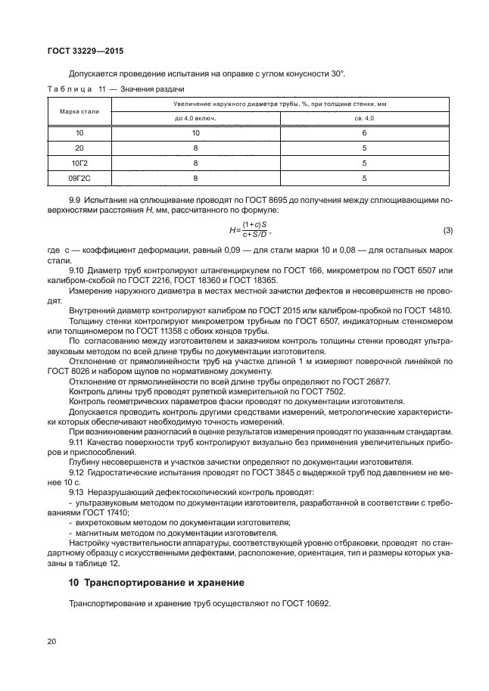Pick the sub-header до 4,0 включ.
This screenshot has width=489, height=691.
point(195,118)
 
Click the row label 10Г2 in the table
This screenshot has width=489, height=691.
point(79,163)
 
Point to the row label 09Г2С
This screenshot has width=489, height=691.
point(79,178)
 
